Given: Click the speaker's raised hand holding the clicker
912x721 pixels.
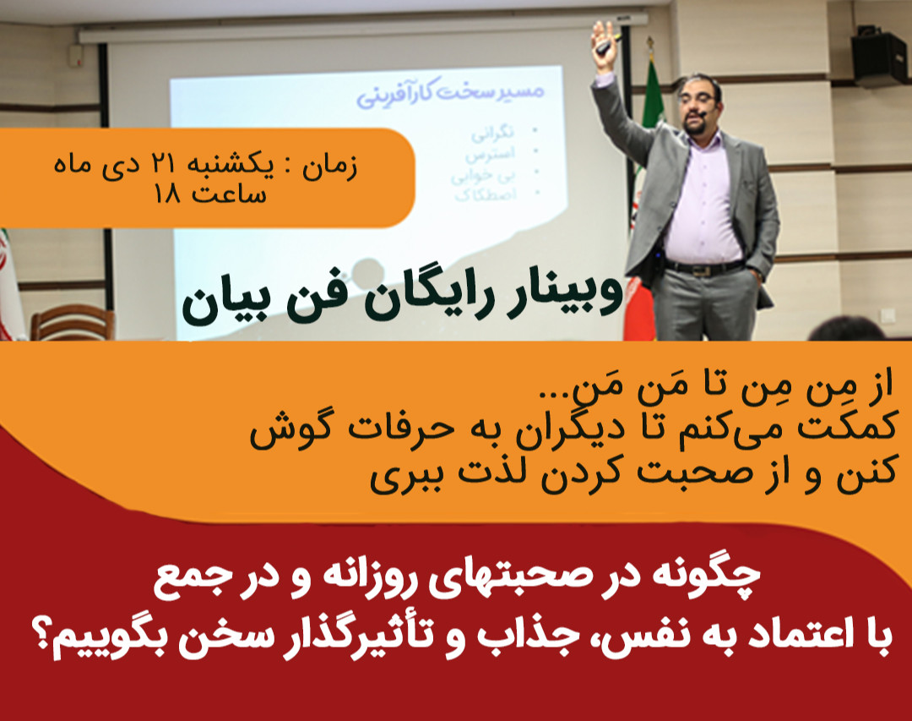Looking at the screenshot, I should (605, 38).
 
